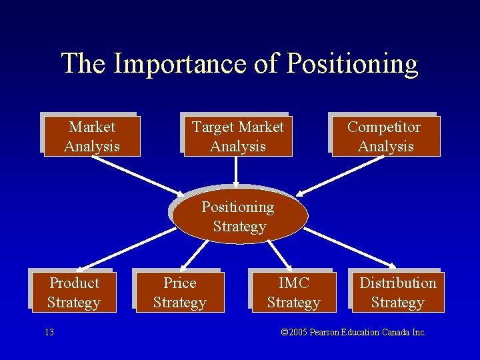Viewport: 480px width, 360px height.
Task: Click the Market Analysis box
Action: pos(92,137)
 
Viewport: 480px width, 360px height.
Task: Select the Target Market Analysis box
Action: pos(237,137)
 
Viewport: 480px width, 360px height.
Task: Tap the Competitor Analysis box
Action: pos(385,137)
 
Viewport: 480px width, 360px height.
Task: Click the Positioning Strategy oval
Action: pos(239,217)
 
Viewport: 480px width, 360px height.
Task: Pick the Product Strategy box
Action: pos(73,292)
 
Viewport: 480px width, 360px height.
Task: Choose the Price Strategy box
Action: pos(179,292)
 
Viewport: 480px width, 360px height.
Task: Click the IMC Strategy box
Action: pos(293,292)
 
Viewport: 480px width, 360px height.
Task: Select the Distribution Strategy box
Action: pos(397,292)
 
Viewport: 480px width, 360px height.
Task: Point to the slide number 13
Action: pos(50,332)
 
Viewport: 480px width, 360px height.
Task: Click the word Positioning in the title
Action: pos(352,64)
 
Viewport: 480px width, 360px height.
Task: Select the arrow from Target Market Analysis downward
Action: pos(236,171)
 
